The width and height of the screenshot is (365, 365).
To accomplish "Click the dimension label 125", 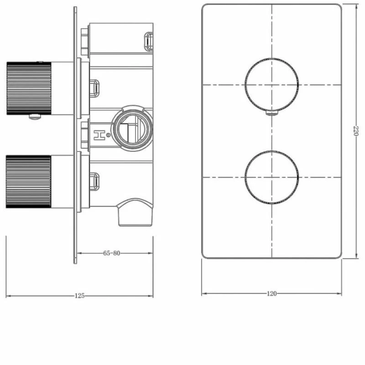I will (x=79, y=296).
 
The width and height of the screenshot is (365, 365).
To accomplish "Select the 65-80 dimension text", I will (x=112, y=253).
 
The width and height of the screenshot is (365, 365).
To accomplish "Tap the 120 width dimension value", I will (x=271, y=293).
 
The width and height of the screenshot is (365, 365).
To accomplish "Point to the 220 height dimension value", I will (x=356, y=130).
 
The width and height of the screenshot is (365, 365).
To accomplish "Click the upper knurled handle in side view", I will (x=28, y=88).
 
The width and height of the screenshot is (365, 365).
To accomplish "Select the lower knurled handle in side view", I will (x=28, y=182).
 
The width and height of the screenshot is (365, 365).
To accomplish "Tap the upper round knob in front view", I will (x=272, y=84).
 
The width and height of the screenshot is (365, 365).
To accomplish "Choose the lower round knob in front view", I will (x=272, y=177).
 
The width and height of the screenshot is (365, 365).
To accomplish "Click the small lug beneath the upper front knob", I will (x=271, y=113).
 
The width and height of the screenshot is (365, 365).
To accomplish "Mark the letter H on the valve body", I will (x=98, y=135).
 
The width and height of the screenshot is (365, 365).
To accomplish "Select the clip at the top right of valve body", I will (x=148, y=40).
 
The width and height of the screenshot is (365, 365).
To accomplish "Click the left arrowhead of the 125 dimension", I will (x=8, y=296).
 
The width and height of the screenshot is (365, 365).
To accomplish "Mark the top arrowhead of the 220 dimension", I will (x=356, y=6).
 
